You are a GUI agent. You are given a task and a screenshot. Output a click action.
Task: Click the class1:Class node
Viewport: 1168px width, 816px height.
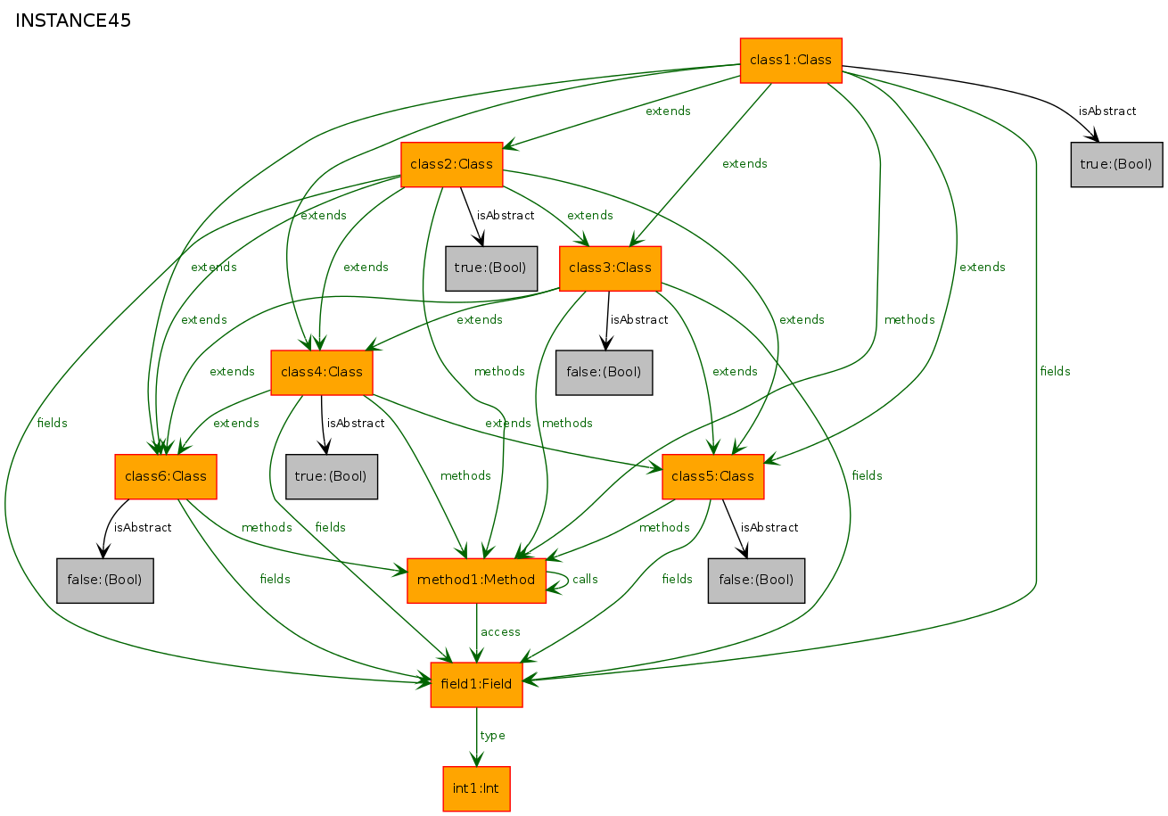pyautogui.click(x=791, y=61)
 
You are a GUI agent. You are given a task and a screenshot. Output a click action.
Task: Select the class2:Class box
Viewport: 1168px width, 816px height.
pyautogui.click(x=451, y=165)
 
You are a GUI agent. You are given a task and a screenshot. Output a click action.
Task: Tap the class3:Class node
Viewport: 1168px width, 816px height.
pyautogui.click(x=610, y=268)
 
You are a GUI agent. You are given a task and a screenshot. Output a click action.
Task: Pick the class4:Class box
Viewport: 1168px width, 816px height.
pyautogui.click(x=322, y=372)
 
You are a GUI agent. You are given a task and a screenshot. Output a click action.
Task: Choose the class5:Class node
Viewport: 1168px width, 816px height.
pyautogui.click(x=712, y=476)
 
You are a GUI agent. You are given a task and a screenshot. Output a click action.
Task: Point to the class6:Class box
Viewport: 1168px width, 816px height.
pyautogui.click(x=166, y=476)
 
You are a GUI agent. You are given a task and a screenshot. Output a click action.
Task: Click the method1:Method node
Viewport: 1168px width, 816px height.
pyautogui.click(x=477, y=581)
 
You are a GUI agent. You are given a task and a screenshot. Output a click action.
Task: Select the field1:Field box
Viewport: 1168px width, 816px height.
pyautogui.click(x=477, y=685)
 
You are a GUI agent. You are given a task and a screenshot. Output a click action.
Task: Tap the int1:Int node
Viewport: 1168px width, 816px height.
pyautogui.click(x=477, y=789)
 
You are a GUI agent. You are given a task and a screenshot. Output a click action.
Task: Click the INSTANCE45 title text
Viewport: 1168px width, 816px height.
pyautogui.click(x=73, y=21)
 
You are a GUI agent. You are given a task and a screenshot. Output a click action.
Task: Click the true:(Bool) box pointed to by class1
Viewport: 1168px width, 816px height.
pyautogui.click(x=1116, y=165)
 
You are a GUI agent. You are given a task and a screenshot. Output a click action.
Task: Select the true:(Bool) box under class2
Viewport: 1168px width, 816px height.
pyautogui.click(x=491, y=268)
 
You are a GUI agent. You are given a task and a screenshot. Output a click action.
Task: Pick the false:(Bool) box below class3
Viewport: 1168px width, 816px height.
pyautogui.click(x=604, y=372)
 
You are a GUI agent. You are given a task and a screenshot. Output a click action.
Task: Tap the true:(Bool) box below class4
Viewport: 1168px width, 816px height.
pyautogui.click(x=332, y=476)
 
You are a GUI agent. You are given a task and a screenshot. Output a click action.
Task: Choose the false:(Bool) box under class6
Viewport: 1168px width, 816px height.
pyautogui.click(x=105, y=581)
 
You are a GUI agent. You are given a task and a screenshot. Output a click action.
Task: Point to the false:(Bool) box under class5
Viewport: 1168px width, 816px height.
pyautogui.click(x=756, y=581)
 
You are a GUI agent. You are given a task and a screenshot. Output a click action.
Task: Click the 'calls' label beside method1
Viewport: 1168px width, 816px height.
pyautogui.click(x=585, y=580)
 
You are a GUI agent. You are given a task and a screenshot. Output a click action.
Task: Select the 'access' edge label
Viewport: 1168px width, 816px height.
pyautogui.click(x=500, y=632)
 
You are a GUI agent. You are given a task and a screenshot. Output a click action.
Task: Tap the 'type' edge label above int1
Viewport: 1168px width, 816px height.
pyautogui.click(x=493, y=736)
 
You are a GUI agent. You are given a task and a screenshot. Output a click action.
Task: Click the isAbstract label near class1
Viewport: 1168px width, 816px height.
pyautogui.click(x=1107, y=111)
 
